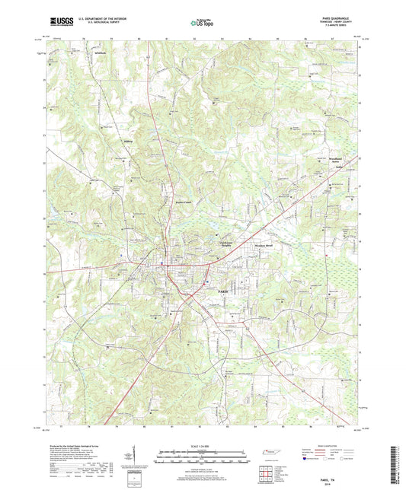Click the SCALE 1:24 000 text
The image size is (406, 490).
202,445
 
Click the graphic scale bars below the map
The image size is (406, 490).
202,458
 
